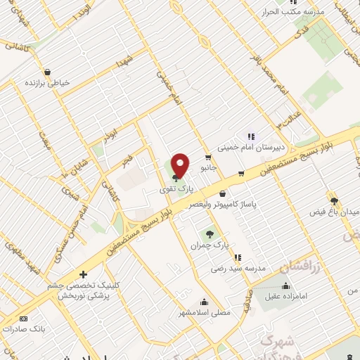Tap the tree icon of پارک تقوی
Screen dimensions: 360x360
pos(175,177)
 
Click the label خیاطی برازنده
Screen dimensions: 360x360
pos(49,82)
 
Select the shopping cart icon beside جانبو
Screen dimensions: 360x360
pos(208,157)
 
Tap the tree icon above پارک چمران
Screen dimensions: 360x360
pos(208,234)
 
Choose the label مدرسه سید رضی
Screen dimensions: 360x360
pos(236,269)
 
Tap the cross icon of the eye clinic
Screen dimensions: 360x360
pos(83,274)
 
